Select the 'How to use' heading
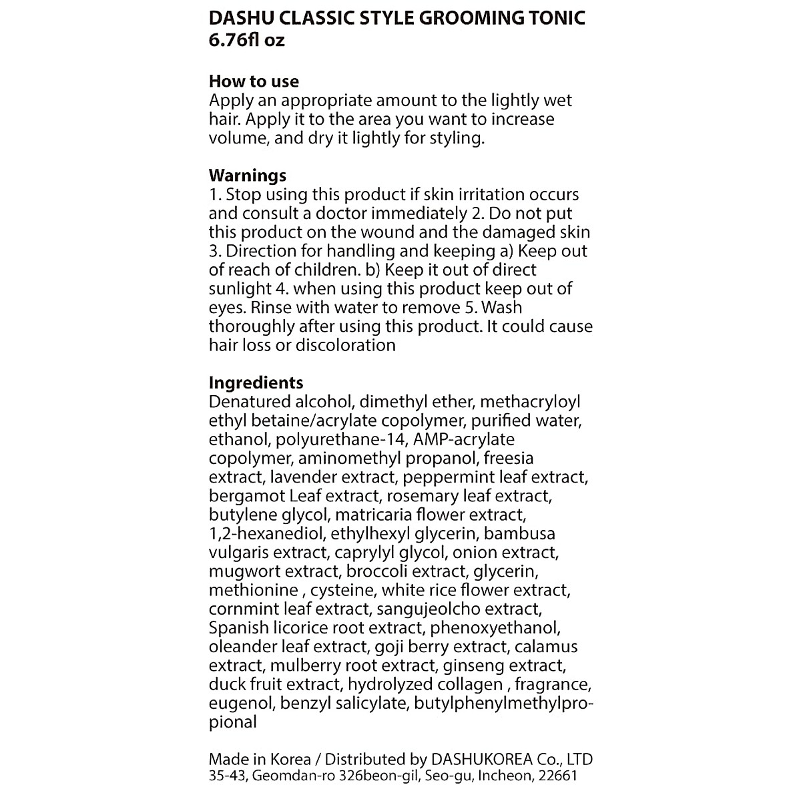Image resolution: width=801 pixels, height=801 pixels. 254,81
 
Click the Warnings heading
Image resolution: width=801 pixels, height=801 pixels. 248,176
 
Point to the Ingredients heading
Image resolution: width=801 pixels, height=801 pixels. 256,382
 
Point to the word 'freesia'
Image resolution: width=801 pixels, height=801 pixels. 509,459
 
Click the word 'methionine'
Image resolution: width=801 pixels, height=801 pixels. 253,591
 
